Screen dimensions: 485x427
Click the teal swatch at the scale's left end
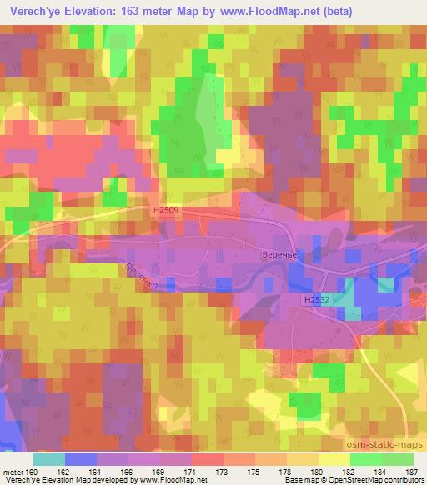coord(49,459)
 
